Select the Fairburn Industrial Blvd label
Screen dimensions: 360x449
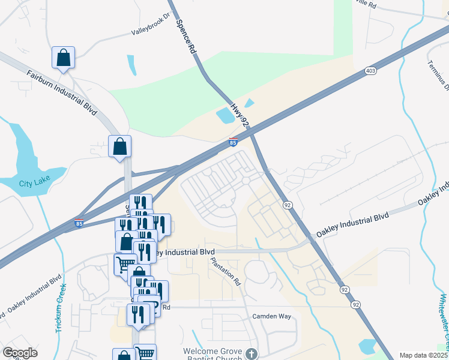61,92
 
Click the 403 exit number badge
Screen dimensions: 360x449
370,71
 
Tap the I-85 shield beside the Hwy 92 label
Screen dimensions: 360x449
233,142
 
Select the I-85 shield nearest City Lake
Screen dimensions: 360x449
79,223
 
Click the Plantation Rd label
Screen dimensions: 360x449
225,271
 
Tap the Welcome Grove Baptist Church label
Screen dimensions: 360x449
213,355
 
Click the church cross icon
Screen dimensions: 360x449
251,354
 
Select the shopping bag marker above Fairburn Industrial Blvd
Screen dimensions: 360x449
63,58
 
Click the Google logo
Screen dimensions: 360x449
20,353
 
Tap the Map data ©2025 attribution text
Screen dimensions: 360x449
423,355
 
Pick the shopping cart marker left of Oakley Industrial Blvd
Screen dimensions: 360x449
125,264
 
